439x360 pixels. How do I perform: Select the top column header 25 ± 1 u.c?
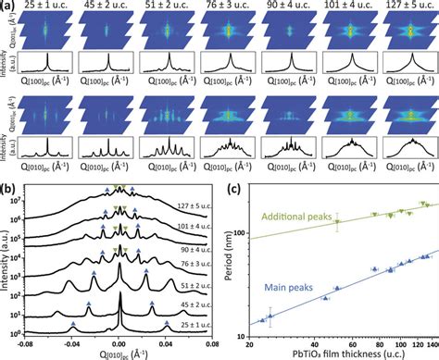(x=42, y=7)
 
